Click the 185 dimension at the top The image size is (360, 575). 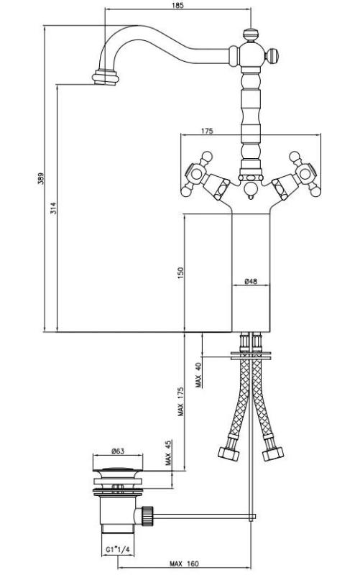tap(178, 5)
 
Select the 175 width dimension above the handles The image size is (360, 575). tap(207, 131)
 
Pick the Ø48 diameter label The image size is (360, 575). tap(251, 281)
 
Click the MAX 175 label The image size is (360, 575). tap(181, 402)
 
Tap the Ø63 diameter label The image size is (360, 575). tap(119, 452)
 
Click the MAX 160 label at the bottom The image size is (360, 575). tap(184, 563)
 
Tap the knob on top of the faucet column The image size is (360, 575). tap(251, 34)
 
